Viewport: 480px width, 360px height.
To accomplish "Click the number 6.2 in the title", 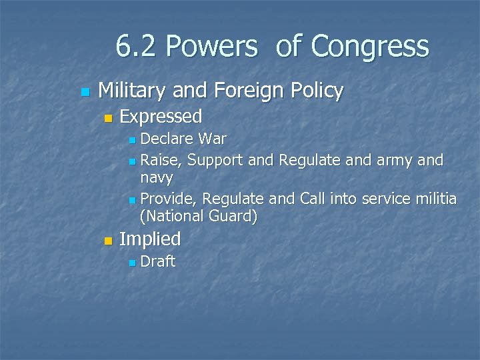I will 137,47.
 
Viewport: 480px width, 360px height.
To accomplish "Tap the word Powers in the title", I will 211,47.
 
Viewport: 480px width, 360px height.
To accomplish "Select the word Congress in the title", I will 369,47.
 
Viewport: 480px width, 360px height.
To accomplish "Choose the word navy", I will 157,178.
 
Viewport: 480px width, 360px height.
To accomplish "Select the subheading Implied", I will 150,239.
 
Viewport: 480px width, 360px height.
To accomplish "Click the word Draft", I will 158,261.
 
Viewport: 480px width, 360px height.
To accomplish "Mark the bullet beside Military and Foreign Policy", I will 83,91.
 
